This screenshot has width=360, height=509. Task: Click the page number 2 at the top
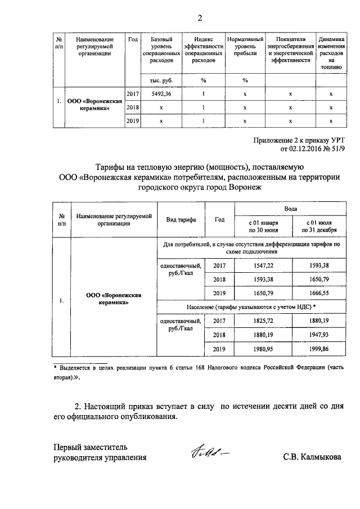(199, 16)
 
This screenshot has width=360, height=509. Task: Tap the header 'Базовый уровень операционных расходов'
(161, 53)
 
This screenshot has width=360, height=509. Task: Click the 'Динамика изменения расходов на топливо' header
(331, 53)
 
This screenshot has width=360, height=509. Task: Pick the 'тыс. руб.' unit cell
(161, 80)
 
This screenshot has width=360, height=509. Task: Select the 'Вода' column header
(290, 209)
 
